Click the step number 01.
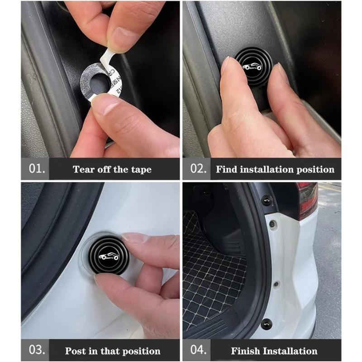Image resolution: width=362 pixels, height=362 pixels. tap(36, 169)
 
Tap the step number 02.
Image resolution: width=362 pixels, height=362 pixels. tap(198, 169)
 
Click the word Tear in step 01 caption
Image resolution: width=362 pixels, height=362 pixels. tap(84, 170)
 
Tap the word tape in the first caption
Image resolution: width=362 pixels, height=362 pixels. tap(140, 170)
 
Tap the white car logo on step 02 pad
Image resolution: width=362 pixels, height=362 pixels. tap(252, 67)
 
